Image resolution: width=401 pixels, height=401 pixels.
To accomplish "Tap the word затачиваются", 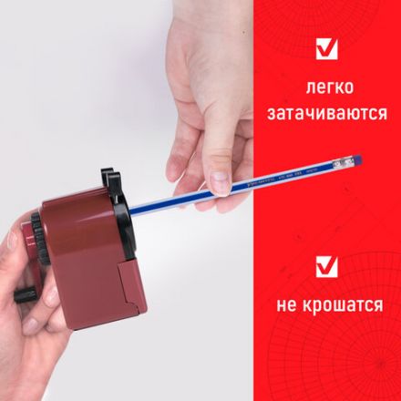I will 325,117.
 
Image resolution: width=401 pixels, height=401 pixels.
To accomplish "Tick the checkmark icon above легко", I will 325,48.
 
